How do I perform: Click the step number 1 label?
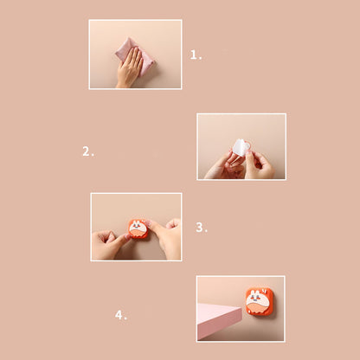[196, 55]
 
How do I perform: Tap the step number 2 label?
[88, 151]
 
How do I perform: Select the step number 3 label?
[202, 228]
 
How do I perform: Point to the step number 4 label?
[121, 315]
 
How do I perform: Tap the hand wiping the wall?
[130, 67]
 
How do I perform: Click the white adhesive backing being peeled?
[240, 148]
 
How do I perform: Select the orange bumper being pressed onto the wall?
[138, 228]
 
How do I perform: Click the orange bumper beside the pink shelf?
[260, 301]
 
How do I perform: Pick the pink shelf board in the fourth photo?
[218, 320]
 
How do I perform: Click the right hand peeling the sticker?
[259, 165]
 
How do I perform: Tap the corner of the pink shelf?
[241, 308]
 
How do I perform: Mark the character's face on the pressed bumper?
[137, 226]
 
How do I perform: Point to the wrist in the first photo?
[124, 84]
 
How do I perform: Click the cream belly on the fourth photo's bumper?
[258, 307]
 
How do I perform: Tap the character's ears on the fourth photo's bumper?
[254, 292]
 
